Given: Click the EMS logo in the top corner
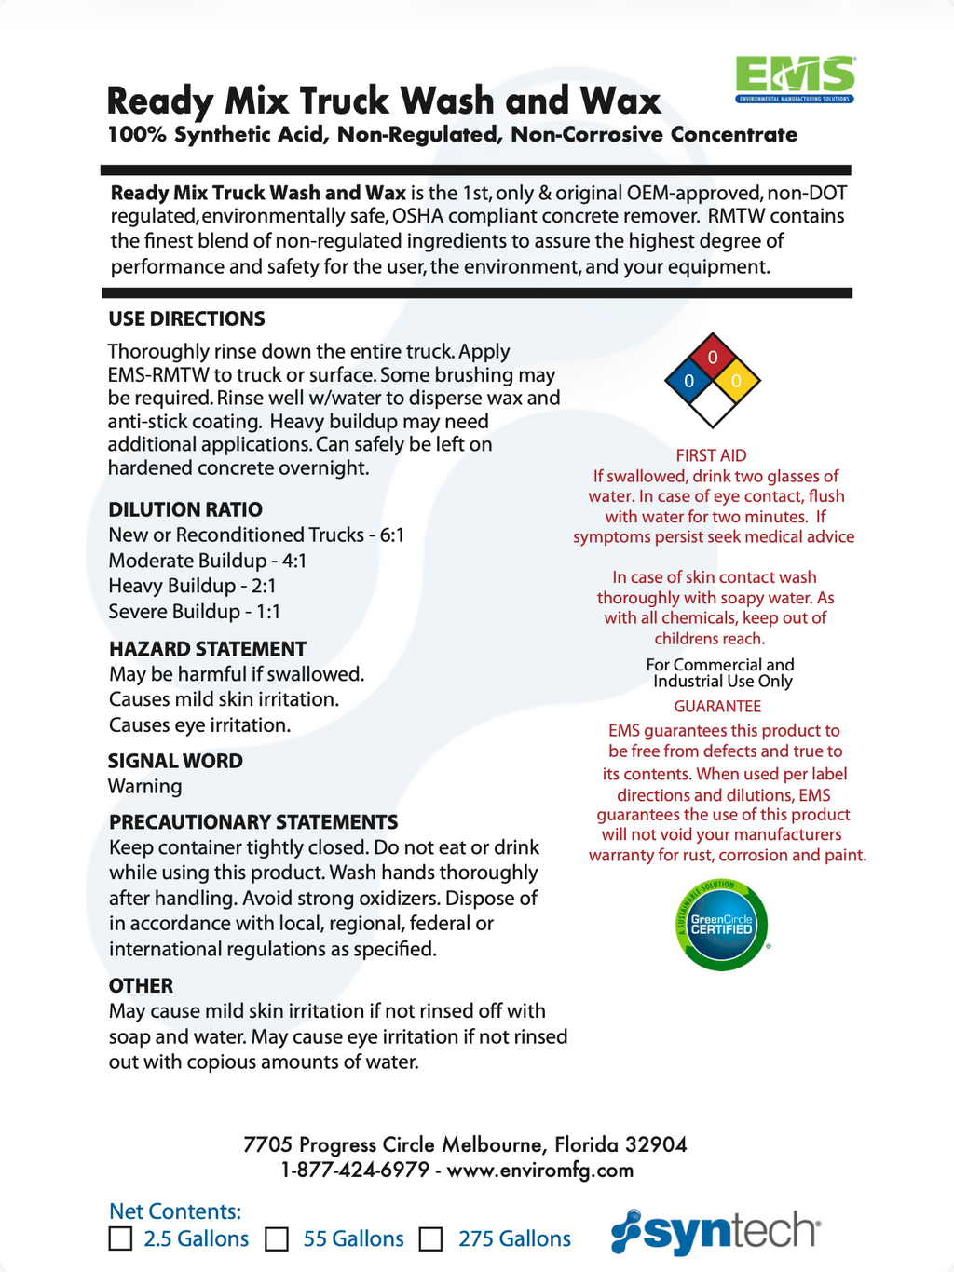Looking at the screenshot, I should [795, 79].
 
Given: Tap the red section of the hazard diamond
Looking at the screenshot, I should [713, 358].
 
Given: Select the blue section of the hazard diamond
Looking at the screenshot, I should [689, 381].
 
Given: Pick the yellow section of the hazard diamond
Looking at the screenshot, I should [736, 381].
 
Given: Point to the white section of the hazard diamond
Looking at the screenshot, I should [713, 404].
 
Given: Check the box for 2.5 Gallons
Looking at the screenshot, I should [120, 1238].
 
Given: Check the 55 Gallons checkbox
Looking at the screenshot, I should [277, 1239].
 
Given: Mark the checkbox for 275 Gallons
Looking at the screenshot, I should [430, 1239].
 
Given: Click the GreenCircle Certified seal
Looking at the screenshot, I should [721, 925].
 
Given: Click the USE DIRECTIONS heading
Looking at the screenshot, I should [186, 319].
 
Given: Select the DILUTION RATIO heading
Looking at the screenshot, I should [185, 509].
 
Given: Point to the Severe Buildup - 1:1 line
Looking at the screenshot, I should [194, 612].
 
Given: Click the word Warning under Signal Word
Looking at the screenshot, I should [145, 786].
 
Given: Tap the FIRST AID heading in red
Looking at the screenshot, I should [711, 455].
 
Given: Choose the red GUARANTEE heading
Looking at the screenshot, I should [717, 707].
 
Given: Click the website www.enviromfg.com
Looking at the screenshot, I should [540, 1171].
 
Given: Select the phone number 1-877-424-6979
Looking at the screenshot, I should [355, 1171].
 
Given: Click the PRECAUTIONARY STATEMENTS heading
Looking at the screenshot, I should [253, 822].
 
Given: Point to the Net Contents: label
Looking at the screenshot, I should [175, 1211].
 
